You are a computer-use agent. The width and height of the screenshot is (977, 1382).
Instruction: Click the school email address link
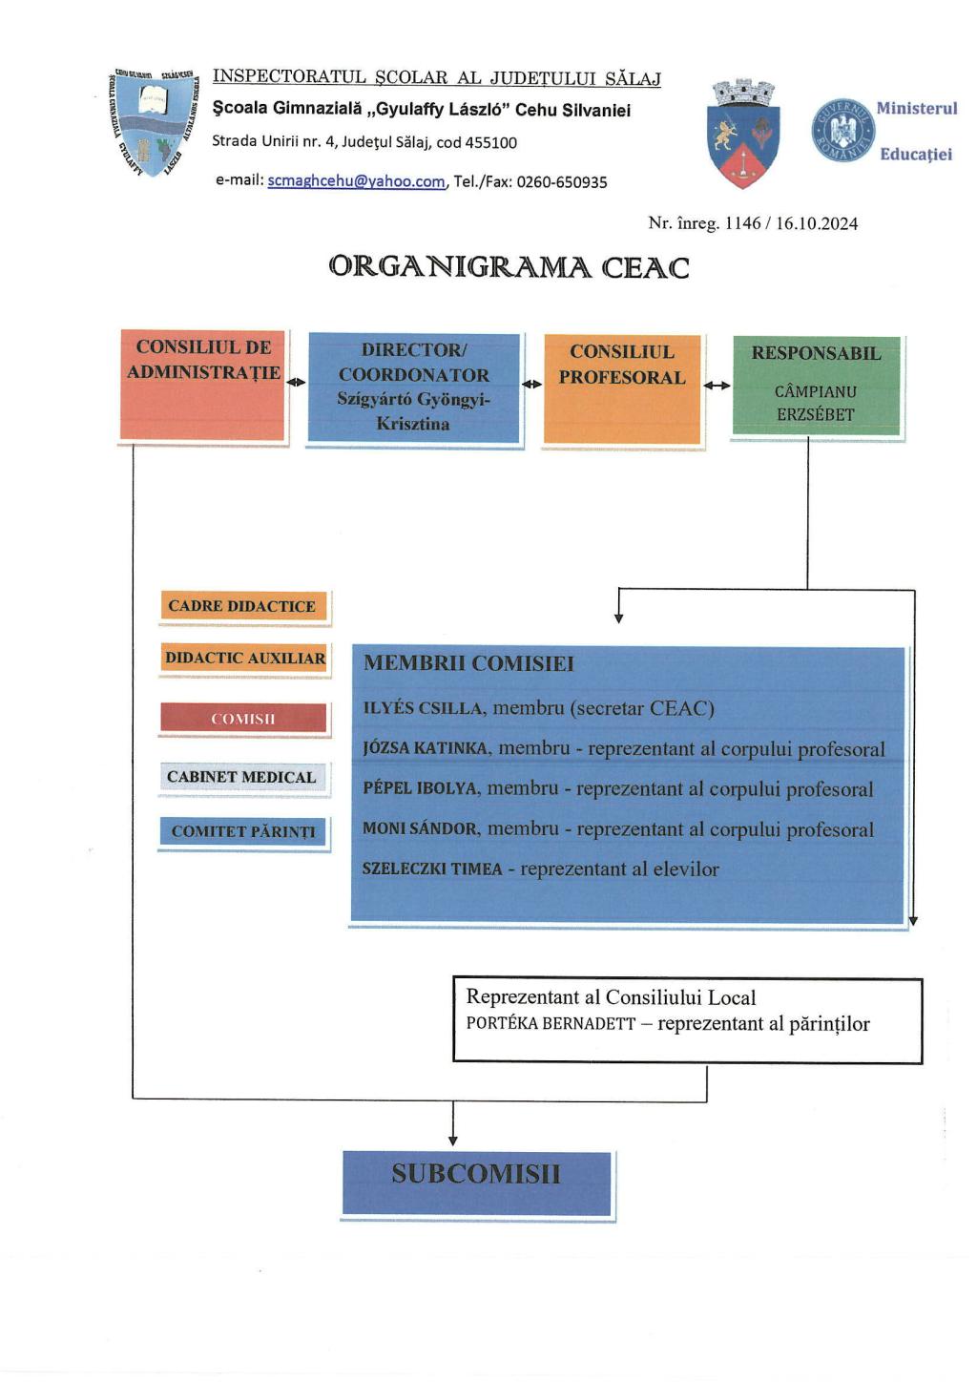pos(356,181)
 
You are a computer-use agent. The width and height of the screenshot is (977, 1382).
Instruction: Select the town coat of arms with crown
pos(745,133)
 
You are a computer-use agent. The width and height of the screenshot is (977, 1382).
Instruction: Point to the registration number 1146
pos(742,223)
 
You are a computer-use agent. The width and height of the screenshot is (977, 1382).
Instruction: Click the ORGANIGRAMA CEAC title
pos(509,267)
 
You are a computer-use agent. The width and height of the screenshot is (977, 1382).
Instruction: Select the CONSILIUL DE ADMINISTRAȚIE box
pos(203,386)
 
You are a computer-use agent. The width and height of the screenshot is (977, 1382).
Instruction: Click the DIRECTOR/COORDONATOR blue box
pos(413,387)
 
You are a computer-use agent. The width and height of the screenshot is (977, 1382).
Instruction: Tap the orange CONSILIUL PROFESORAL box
pos(622,388)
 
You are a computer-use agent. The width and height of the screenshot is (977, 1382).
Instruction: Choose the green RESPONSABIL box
pos(816,385)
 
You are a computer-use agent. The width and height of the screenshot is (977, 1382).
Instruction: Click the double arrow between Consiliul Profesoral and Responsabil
pos(717,386)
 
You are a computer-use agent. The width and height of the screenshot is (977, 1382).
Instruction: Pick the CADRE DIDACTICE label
pos(242,606)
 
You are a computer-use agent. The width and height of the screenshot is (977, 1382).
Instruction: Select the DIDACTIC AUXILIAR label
pos(244,659)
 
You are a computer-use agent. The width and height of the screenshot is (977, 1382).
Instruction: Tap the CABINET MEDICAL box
pos(241,777)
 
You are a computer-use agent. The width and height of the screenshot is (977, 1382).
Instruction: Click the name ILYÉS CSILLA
pos(423,708)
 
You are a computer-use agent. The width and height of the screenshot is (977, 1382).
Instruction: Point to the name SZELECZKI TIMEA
pos(431,869)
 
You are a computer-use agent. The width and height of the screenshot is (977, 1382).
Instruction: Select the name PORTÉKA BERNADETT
pos(551,1024)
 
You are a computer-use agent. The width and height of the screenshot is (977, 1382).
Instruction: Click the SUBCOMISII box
pos(476,1183)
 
